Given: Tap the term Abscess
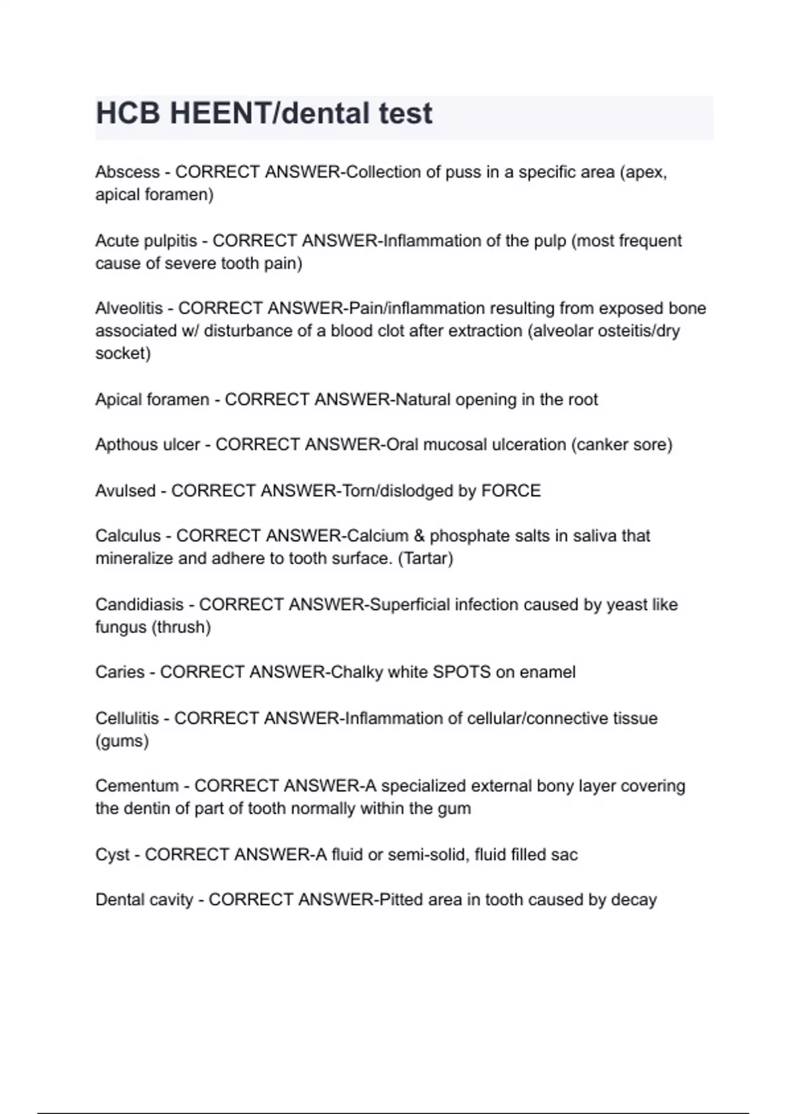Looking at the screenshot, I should point(127,172).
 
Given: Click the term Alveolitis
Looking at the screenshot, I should point(129,308).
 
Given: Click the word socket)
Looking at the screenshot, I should point(123,354).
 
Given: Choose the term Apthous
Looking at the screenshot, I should point(122,445).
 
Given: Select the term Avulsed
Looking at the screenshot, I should point(125,491).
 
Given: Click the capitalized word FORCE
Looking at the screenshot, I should point(511,491).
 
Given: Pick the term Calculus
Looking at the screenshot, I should point(128,536).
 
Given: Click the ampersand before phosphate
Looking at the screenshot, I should point(419,536).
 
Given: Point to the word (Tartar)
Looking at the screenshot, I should point(426,559).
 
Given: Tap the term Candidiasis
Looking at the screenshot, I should point(139,604).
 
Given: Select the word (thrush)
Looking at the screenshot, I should point(181,627).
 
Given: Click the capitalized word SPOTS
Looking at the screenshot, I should point(462,672).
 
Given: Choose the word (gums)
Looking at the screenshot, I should point(122,741).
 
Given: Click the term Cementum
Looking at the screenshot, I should point(136,786).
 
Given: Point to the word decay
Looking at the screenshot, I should point(634,900).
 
